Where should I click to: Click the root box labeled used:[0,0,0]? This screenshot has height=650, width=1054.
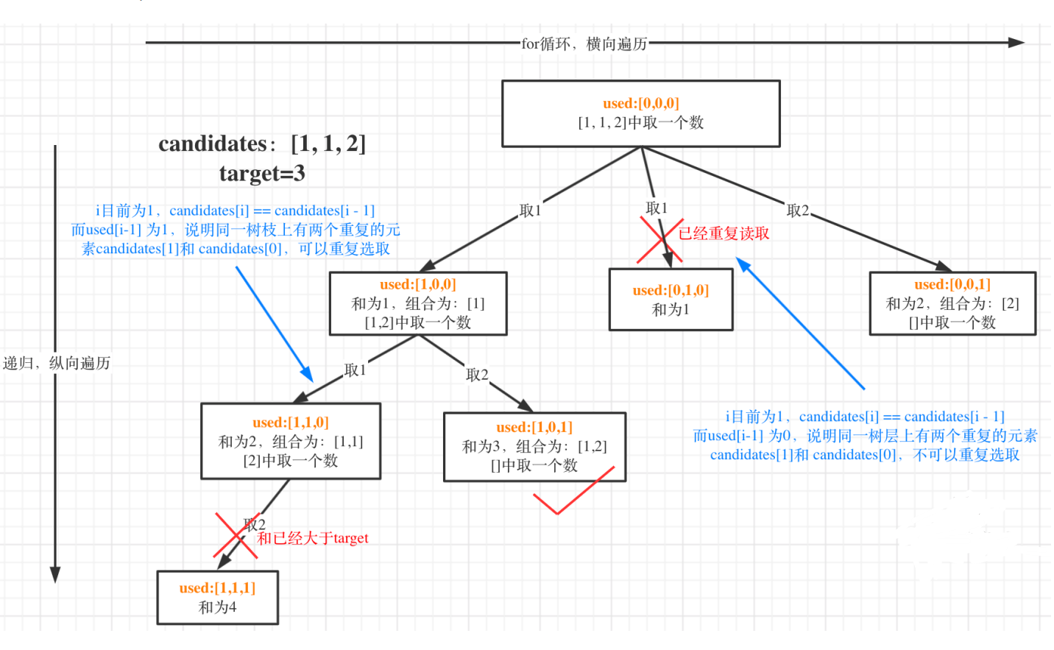pyautogui.click(x=640, y=113)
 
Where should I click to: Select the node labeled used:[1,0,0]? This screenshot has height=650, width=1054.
pyautogui.click(x=418, y=303)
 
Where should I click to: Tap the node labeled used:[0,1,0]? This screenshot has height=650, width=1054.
pyautogui.click(x=671, y=300)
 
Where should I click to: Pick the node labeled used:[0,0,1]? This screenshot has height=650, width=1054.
pyautogui.click(x=952, y=303)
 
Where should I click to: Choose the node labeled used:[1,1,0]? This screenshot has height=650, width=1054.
pyautogui.click(x=291, y=441)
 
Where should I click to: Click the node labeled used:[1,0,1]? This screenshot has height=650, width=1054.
pyautogui.click(x=534, y=447)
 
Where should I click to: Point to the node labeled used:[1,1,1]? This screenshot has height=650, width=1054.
pyautogui.click(x=217, y=598)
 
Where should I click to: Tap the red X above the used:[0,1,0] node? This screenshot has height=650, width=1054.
pyautogui.click(x=660, y=241)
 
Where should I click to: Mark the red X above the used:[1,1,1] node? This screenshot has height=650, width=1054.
pyautogui.click(x=236, y=535)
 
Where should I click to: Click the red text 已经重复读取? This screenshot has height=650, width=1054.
pyautogui.click(x=724, y=233)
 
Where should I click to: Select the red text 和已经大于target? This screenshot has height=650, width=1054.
pyautogui.click(x=313, y=538)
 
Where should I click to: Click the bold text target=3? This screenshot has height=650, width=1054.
pyautogui.click(x=262, y=174)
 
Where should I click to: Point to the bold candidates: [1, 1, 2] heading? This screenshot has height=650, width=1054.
pyautogui.click(x=262, y=144)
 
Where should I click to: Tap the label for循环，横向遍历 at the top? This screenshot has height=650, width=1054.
pyautogui.click(x=584, y=44)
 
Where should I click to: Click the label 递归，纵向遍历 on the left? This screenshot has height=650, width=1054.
pyautogui.click(x=57, y=363)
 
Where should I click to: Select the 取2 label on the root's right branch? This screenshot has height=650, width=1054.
pyautogui.click(x=798, y=211)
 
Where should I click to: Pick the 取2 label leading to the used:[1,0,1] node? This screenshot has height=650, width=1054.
pyautogui.click(x=477, y=375)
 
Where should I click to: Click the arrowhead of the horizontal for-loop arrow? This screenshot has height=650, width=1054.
pyautogui.click(x=1016, y=43)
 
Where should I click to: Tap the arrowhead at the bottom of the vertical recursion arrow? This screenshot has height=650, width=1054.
pyautogui.click(x=54, y=574)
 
